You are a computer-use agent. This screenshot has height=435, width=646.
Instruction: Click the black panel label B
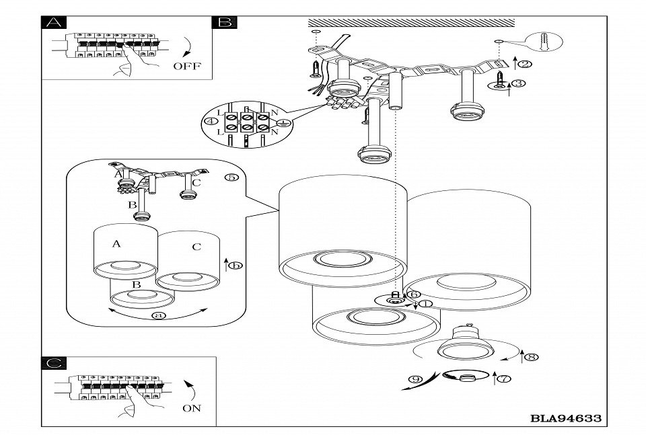pyautogui.click(x=224, y=22)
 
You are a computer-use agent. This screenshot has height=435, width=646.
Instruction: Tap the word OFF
pyautogui.click(x=186, y=66)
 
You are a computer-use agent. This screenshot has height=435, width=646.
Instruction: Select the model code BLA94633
pyautogui.click(x=566, y=418)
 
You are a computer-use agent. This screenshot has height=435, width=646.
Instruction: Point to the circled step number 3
pyautogui.click(x=518, y=83)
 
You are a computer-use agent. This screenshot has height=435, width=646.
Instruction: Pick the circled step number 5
pyautogui.click(x=231, y=177)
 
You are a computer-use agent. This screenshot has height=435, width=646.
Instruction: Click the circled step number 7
pyautogui.click(x=504, y=379)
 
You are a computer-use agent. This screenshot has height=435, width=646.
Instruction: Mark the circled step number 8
pyautogui.click(x=532, y=357)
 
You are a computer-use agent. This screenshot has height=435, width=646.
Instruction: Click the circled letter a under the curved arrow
pyautogui.click(x=159, y=315)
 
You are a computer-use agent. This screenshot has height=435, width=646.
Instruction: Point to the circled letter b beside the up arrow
pyautogui.click(x=236, y=265)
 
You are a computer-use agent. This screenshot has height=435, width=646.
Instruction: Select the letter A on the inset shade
pyautogui.click(x=116, y=244)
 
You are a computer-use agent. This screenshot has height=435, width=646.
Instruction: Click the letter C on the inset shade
pyautogui.click(x=196, y=247)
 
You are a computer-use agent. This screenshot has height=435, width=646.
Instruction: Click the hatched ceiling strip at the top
pyautogui.click(x=410, y=23)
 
